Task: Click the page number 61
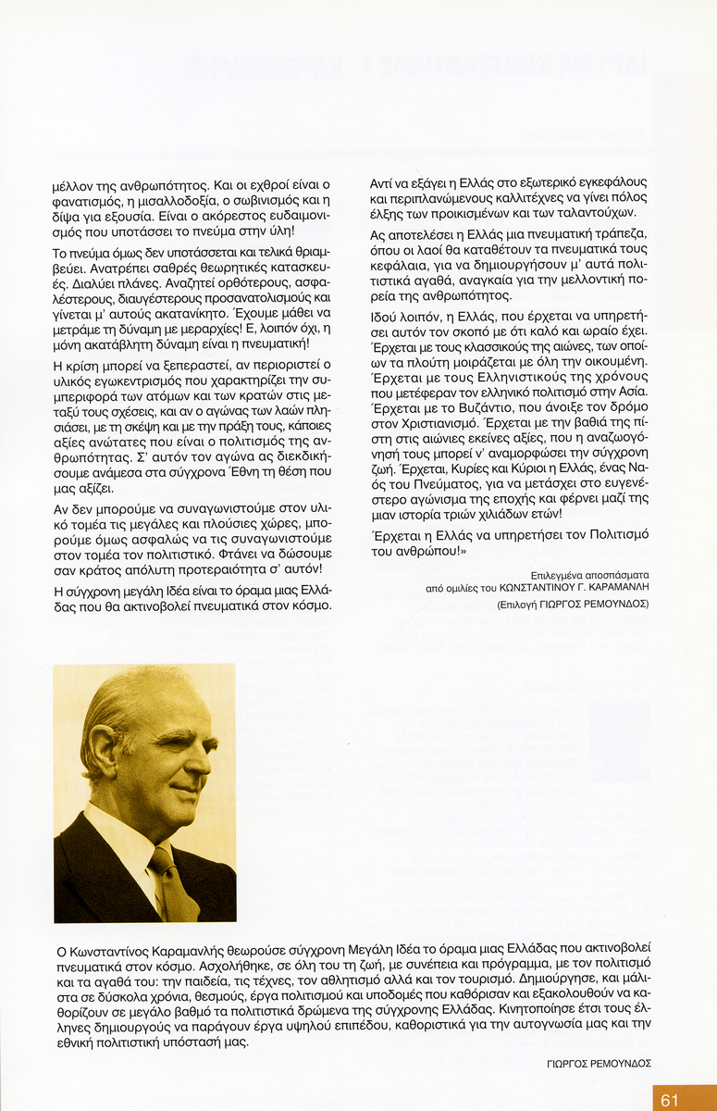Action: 669,1099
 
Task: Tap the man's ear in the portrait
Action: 104,746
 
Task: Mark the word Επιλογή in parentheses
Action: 523,604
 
